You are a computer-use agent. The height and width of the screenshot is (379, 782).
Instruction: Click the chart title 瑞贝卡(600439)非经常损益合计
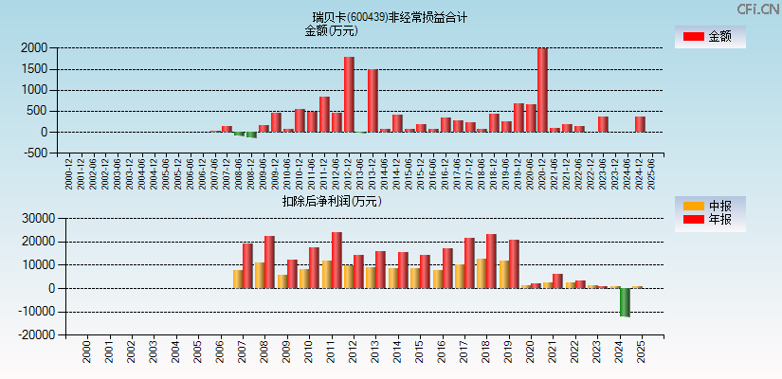click(390, 17)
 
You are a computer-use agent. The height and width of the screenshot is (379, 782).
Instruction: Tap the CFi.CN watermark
click(758, 9)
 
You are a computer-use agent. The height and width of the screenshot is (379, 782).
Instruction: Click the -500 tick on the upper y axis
click(35, 153)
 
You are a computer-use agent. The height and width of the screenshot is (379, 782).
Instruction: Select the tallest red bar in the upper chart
click(542, 90)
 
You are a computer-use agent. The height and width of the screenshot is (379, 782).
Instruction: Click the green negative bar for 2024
click(626, 302)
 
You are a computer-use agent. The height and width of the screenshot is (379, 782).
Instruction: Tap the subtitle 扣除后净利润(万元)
click(331, 201)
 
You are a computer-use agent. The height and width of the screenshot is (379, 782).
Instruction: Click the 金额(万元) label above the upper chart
click(331, 30)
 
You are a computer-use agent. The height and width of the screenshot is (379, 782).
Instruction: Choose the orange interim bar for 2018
click(482, 273)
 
